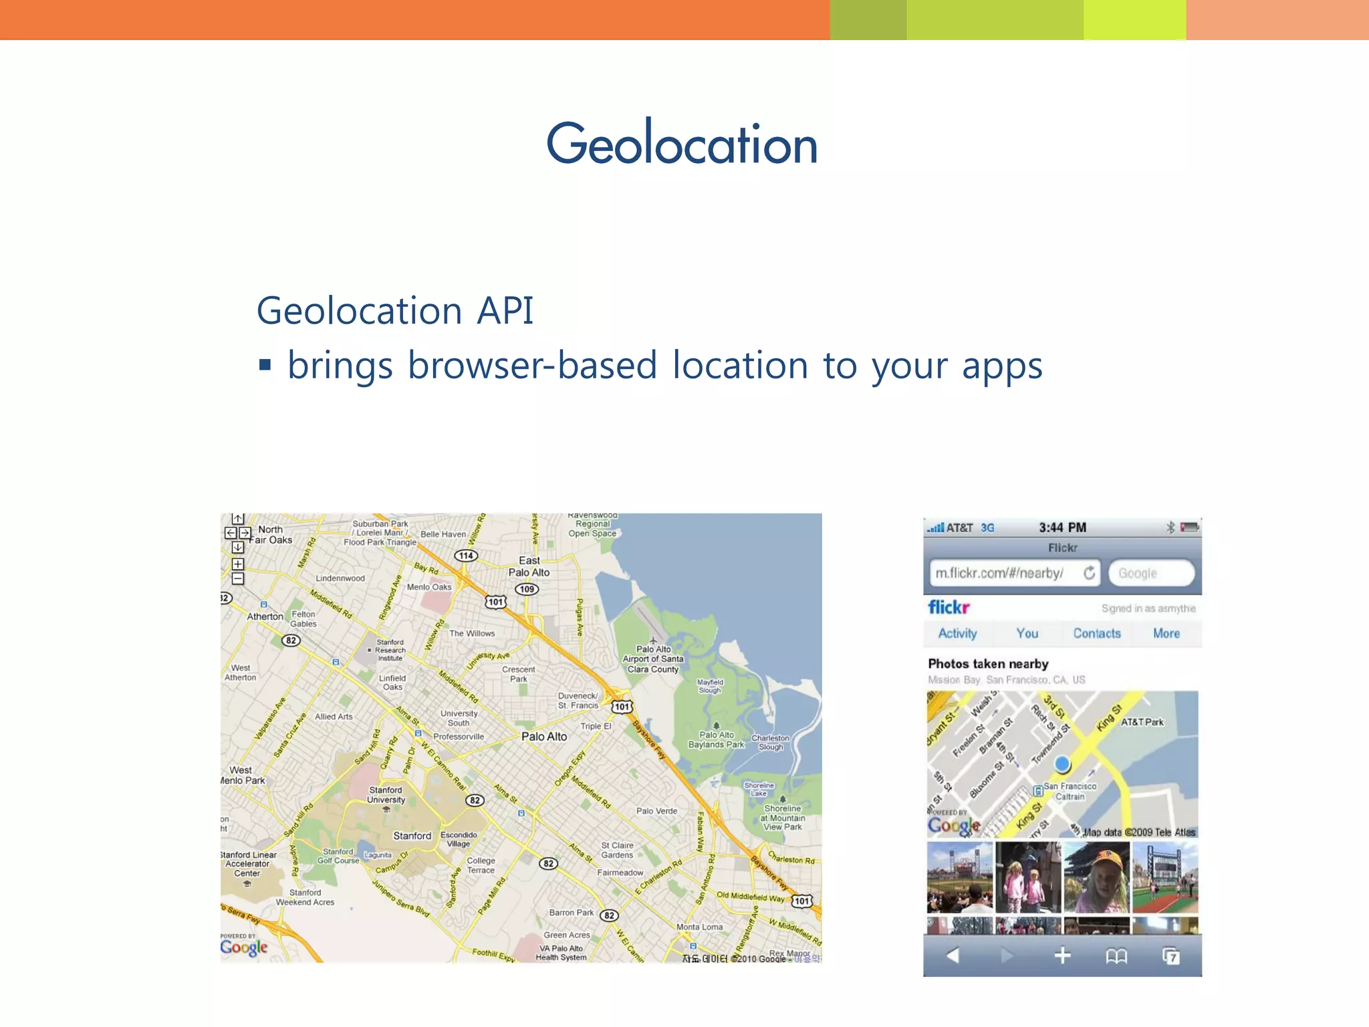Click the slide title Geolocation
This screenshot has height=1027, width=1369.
(682, 144)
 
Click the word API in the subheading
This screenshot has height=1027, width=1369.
(505, 311)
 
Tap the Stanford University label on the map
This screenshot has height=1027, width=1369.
(386, 795)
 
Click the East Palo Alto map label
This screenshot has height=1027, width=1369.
(529, 566)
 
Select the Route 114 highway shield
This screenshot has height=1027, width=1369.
(466, 556)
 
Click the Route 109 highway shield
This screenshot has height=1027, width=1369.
(527, 589)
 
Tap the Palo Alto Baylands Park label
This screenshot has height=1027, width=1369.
(716, 739)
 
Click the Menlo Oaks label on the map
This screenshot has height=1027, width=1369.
(429, 587)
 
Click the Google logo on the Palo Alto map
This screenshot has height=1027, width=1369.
(244, 947)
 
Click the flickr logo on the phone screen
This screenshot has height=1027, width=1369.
(949, 607)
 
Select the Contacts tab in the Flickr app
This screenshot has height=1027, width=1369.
(1097, 633)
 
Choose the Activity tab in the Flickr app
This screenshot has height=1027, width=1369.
(957, 633)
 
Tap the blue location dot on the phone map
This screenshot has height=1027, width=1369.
(1062, 764)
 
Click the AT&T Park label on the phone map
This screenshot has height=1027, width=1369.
(1142, 722)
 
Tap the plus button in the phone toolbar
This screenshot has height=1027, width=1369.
(1062, 956)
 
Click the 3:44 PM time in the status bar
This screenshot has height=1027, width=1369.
(1062, 528)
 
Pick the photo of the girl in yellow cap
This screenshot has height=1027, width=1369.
(1096, 877)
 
